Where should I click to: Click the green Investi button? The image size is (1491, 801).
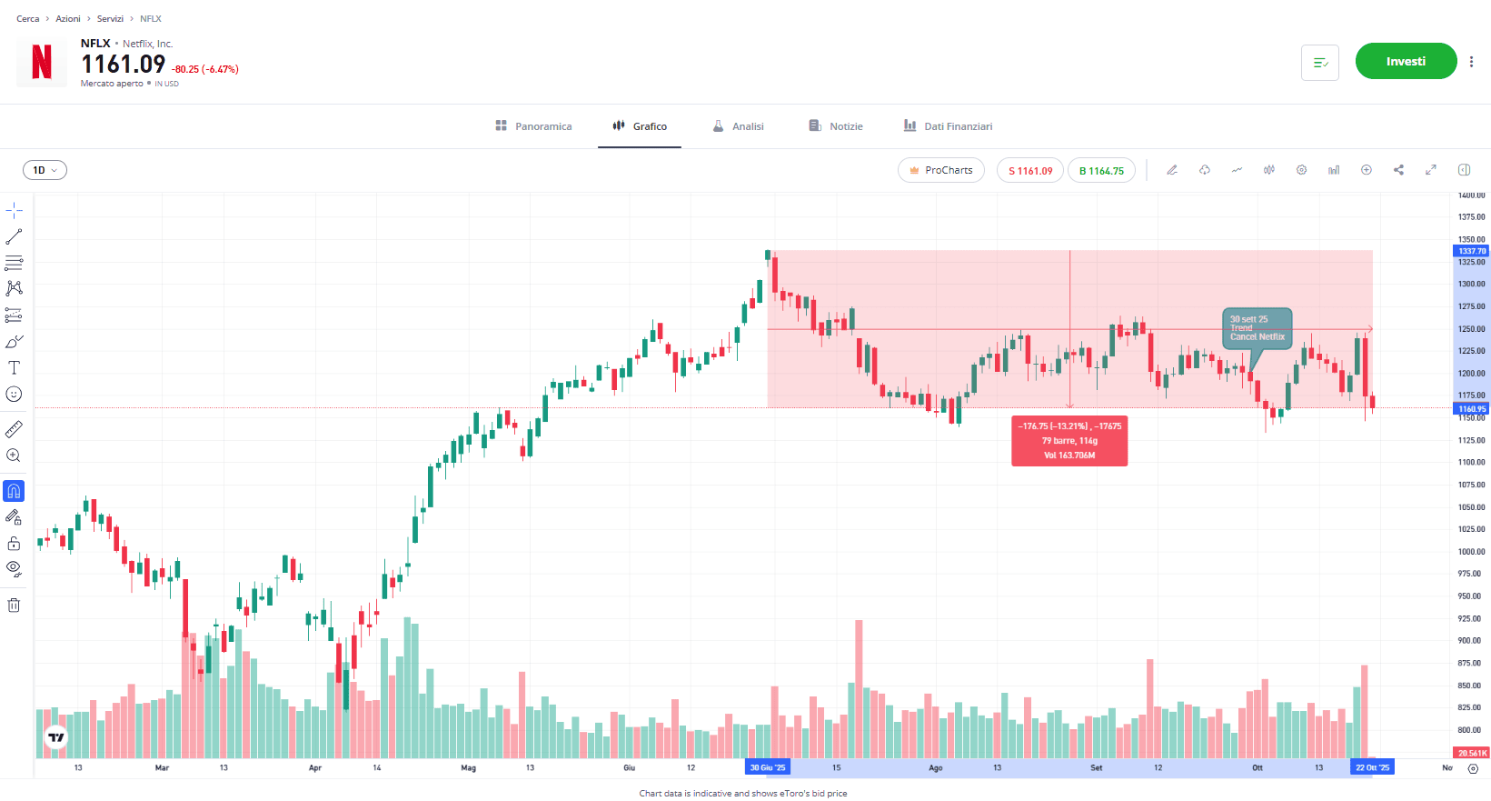click(x=1406, y=62)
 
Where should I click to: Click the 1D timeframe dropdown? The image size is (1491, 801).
click(x=45, y=170)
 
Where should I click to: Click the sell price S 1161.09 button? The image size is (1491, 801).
click(x=1029, y=171)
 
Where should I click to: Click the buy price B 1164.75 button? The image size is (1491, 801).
click(x=1101, y=171)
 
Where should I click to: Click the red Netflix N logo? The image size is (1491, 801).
click(x=42, y=63)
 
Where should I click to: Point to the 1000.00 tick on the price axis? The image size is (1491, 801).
click(x=1471, y=552)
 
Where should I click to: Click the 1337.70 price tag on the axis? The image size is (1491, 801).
click(x=1472, y=251)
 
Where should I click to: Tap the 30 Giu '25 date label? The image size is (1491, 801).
click(x=768, y=768)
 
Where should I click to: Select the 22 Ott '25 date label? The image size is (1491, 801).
click(x=1372, y=768)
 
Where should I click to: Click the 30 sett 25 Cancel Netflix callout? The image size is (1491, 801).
click(x=1257, y=328)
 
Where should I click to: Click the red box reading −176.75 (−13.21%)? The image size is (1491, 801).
click(x=1069, y=441)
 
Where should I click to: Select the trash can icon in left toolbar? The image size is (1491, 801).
click(x=14, y=606)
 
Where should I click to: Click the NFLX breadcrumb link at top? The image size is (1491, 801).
click(x=151, y=19)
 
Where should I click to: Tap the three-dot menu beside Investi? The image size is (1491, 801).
click(x=1471, y=62)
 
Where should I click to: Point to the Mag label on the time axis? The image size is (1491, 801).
click(x=468, y=768)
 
